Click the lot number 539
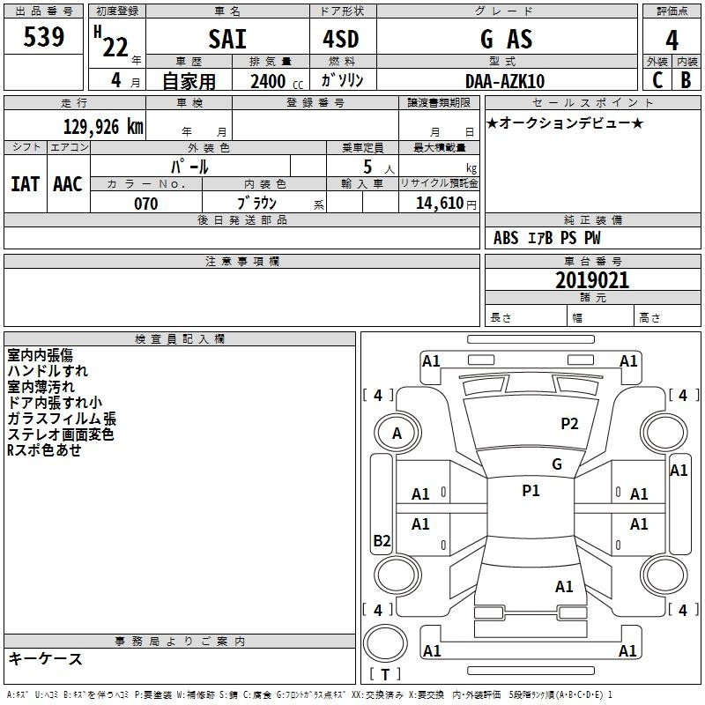tap(43, 37)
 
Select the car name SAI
tap(227, 39)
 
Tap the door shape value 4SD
tap(341, 39)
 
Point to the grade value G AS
tap(506, 39)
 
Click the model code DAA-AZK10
tap(505, 81)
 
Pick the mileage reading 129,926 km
tap(103, 126)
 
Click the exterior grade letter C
tap(657, 80)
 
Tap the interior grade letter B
tap(686, 80)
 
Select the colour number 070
tap(146, 204)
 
